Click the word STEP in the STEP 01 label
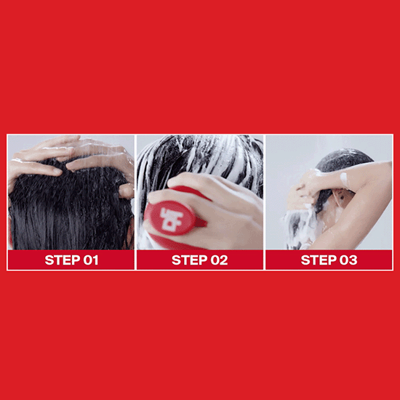pyautogui.click(x=63, y=260)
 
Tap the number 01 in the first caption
pyautogui.click(x=91, y=260)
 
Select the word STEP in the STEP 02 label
pyautogui.click(x=189, y=260)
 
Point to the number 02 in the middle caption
pyautogui.click(x=219, y=260)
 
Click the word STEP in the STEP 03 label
pyautogui.click(x=319, y=260)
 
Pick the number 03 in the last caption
pyautogui.click(x=348, y=260)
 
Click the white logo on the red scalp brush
pyautogui.click(x=171, y=217)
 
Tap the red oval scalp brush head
pyautogui.click(x=170, y=217)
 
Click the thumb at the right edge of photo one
pyautogui.click(x=127, y=191)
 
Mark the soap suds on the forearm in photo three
pyautogui.click(x=344, y=177)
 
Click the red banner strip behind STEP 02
pyautogui.click(x=200, y=260)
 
